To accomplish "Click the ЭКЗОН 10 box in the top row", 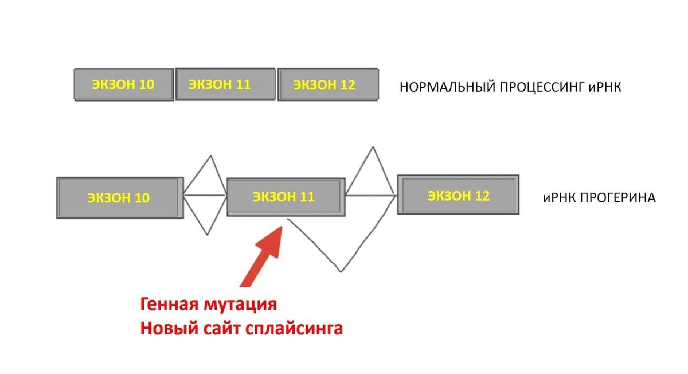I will pos(124,85).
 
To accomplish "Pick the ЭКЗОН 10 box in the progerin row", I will pos(120,197).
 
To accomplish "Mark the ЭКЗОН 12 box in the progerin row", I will pos(458,195).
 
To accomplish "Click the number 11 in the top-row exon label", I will pos(243,84).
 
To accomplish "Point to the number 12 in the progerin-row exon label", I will pos(482,195).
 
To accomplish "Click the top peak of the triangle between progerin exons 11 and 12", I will pos(373,147).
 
